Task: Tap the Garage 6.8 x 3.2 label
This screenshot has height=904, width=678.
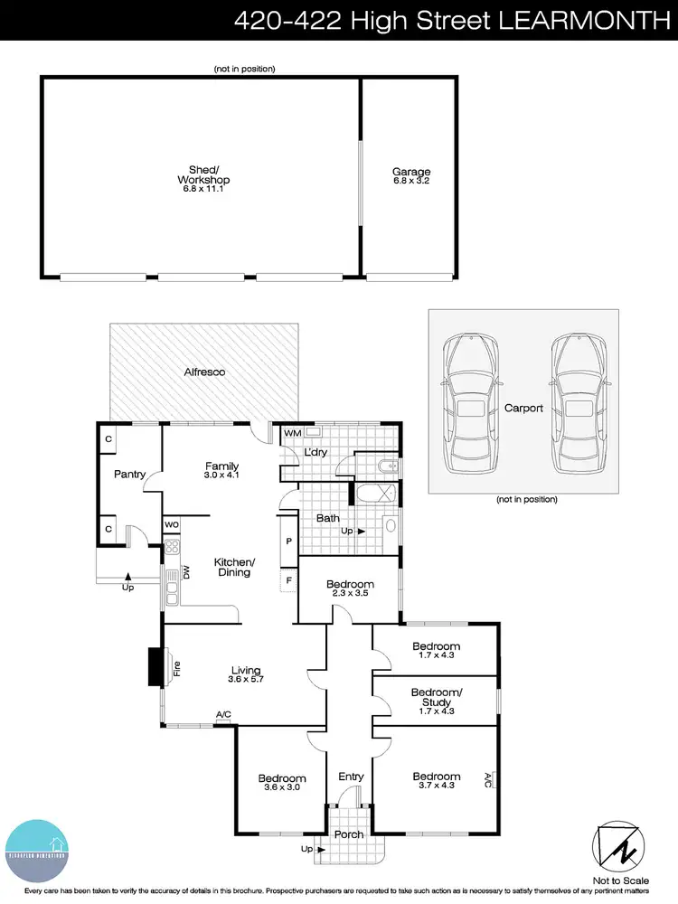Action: coord(411,176)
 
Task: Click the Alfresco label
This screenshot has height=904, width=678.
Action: coord(204,372)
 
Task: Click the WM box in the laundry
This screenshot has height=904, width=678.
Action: coord(292,434)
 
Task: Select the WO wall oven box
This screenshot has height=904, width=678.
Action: coord(172,524)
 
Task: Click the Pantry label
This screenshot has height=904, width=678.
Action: coord(130,474)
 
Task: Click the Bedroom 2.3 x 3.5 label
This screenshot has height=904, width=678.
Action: coord(350,589)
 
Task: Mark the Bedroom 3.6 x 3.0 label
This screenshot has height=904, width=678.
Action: coord(281,783)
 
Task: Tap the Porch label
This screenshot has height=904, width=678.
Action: coord(349,835)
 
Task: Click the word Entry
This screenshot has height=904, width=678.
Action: coord(351,777)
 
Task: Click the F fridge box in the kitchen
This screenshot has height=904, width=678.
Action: coord(288,579)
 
